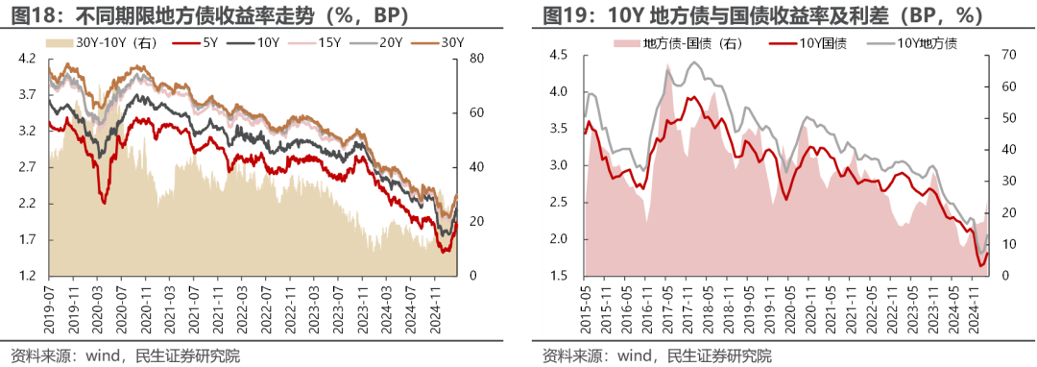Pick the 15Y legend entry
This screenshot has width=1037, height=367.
point(328,42)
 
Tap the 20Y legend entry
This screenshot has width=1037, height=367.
point(390,42)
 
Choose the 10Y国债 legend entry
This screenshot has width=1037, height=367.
point(818,42)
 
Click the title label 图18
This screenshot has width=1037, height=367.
point(28,14)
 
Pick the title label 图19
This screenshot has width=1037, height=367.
point(564,14)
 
